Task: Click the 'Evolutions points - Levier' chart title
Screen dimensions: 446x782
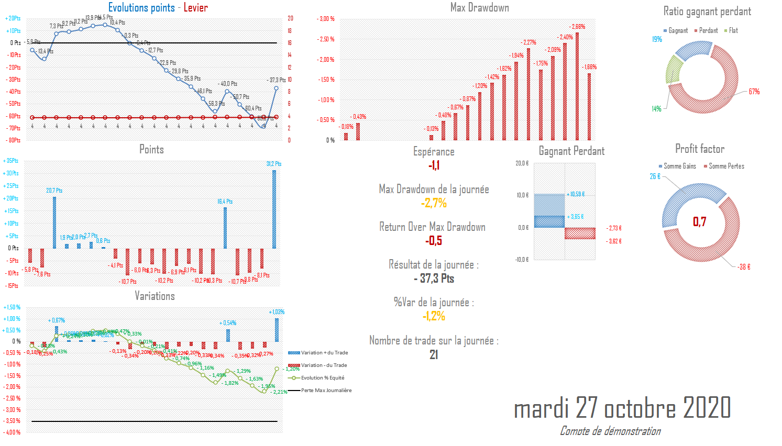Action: (x=158, y=8)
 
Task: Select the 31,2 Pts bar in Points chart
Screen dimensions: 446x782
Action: (x=274, y=208)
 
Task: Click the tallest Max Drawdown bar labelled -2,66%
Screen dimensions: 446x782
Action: (x=577, y=86)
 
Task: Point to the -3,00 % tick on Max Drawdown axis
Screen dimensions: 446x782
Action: (x=326, y=19)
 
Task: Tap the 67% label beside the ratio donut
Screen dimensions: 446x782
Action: (x=754, y=92)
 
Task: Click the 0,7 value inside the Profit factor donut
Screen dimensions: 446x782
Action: (x=700, y=222)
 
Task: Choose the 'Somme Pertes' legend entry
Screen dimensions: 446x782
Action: (x=726, y=166)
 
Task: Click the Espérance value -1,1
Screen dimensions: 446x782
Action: (x=434, y=165)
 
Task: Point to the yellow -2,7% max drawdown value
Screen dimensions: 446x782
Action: (x=434, y=203)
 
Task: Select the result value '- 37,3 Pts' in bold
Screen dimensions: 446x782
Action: (x=434, y=278)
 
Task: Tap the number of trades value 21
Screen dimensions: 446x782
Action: (x=434, y=355)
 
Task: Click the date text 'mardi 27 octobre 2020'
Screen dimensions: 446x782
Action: (x=622, y=408)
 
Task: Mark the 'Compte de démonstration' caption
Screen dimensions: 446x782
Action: (x=610, y=431)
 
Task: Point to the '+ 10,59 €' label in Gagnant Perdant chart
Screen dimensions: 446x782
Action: (x=576, y=194)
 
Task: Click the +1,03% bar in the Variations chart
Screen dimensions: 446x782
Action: (x=277, y=330)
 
